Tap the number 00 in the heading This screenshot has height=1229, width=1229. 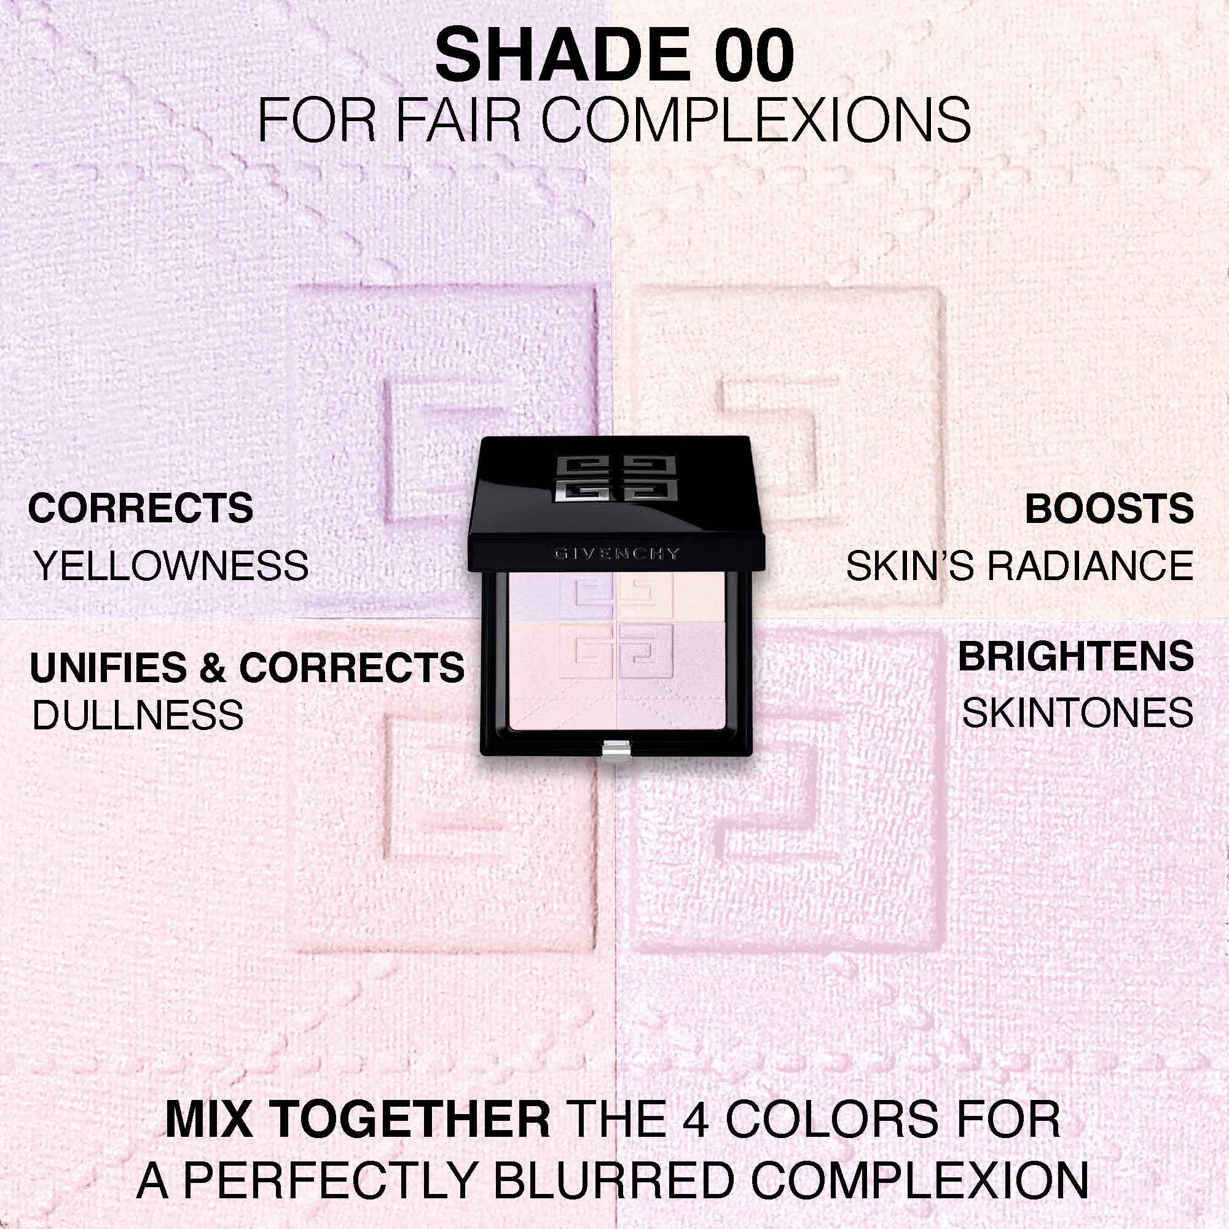pos(754,55)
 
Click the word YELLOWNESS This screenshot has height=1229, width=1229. pos(170,565)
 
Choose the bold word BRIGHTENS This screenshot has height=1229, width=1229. pos(1077,656)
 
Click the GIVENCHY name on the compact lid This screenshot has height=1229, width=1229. pos(617,554)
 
